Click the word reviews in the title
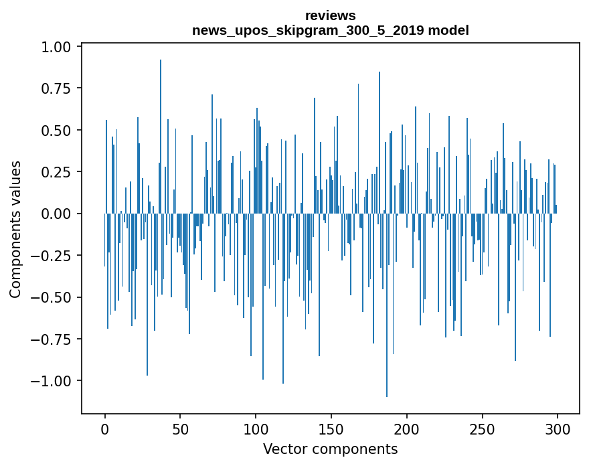(x=330, y=15)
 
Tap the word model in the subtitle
(x=450, y=30)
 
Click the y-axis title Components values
(x=15, y=230)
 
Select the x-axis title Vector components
(x=330, y=449)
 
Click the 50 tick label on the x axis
(x=180, y=430)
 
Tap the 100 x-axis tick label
(x=256, y=430)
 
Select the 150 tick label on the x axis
(x=331, y=430)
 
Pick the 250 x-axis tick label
(x=482, y=430)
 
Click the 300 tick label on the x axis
(x=557, y=430)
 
